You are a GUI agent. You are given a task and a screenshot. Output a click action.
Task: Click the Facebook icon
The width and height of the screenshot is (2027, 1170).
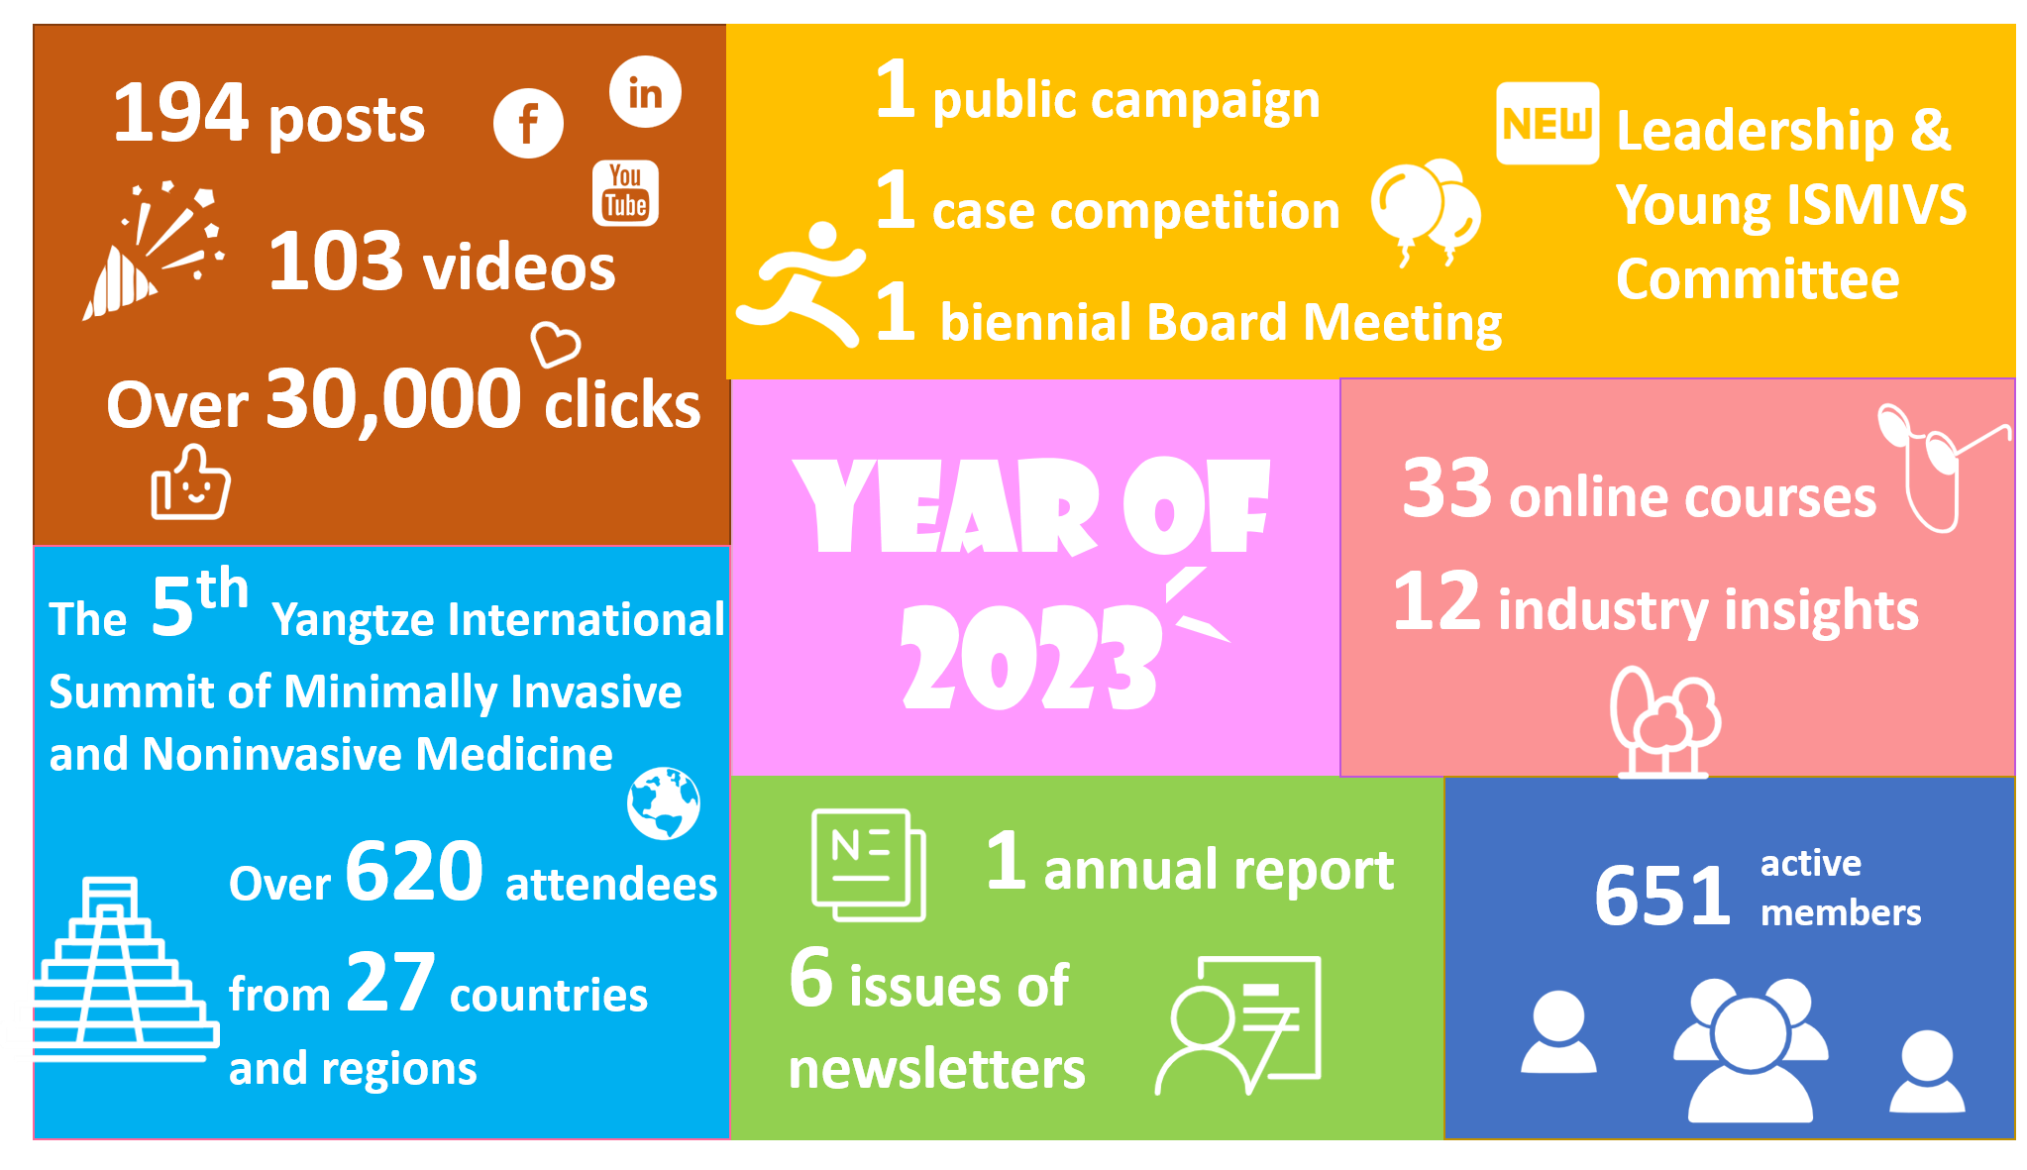click(x=528, y=123)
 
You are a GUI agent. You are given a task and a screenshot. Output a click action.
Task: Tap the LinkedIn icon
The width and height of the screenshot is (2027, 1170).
click(x=645, y=92)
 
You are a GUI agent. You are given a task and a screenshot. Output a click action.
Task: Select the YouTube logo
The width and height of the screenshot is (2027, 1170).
click(x=625, y=192)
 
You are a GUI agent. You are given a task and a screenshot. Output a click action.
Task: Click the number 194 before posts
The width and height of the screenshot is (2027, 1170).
click(x=179, y=112)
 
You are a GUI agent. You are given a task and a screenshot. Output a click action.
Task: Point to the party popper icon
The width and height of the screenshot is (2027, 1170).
click(x=154, y=251)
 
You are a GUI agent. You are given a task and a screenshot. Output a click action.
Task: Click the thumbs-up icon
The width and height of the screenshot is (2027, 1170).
click(x=190, y=482)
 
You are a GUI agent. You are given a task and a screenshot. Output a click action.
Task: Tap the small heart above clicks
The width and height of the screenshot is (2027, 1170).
click(x=555, y=344)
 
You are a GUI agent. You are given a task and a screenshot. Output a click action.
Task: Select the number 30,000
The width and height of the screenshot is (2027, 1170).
click(x=393, y=399)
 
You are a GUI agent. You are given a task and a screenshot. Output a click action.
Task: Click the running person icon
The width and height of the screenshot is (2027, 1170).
click(x=801, y=284)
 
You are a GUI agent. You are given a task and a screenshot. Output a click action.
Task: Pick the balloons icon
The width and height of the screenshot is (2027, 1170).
click(x=1426, y=211)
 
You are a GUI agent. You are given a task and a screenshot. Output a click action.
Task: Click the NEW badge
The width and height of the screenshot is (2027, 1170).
click(x=1547, y=123)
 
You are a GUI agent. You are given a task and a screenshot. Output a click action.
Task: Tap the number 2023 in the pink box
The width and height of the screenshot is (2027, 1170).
click(x=1030, y=657)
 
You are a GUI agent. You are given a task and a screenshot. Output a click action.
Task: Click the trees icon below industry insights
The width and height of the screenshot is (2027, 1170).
click(x=1665, y=722)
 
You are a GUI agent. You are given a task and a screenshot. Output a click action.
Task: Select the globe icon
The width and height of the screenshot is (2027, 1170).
click(x=664, y=802)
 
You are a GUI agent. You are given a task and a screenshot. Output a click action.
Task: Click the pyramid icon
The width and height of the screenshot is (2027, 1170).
click(x=125, y=969)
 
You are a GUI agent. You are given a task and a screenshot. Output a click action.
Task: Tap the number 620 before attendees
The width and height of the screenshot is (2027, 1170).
click(x=414, y=871)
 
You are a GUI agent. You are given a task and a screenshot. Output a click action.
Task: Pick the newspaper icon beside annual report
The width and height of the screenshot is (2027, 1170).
click(x=869, y=865)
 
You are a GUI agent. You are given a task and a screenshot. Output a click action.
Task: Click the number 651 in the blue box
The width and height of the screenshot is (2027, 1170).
click(x=1662, y=896)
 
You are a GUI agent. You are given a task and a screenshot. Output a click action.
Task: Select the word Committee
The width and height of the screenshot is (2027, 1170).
click(x=1758, y=279)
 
